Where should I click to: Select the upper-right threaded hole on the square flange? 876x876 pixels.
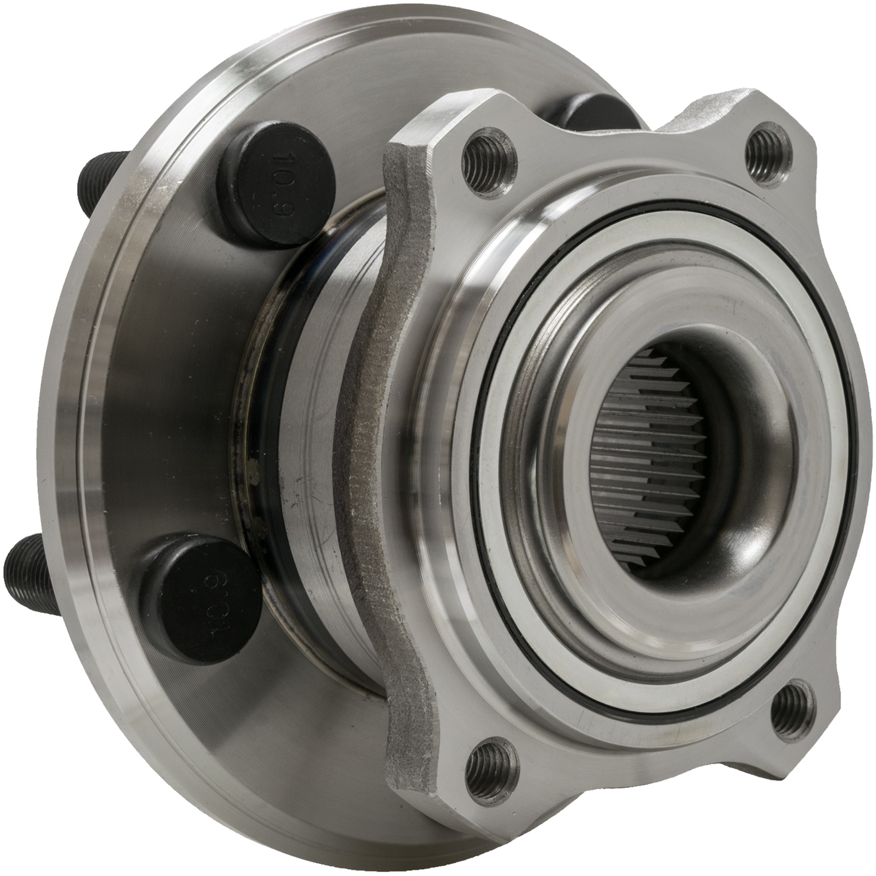[x=769, y=153]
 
